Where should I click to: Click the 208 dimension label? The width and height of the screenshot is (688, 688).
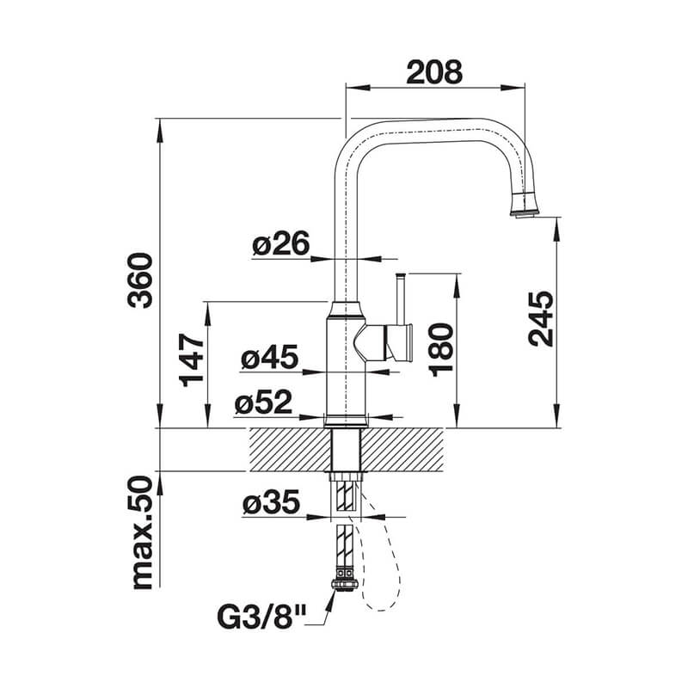click(434, 72)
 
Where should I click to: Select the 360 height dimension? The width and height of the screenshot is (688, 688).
click(140, 281)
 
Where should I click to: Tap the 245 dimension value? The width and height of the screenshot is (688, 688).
click(541, 318)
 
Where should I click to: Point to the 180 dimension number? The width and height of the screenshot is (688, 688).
click(440, 350)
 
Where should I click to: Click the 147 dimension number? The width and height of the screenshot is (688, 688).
click(191, 360)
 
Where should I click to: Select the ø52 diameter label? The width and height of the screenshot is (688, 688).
click(263, 402)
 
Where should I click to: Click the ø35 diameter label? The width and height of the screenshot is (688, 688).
click(271, 501)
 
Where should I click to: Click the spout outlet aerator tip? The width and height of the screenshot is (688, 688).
click(524, 213)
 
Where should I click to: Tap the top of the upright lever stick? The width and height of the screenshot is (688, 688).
click(400, 275)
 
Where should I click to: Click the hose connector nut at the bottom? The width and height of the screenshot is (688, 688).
click(346, 584)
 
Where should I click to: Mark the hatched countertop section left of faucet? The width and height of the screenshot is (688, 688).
click(290, 449)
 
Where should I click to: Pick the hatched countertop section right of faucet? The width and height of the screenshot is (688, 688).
click(402, 449)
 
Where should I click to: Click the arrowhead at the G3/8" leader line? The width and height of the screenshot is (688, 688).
click(331, 596)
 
